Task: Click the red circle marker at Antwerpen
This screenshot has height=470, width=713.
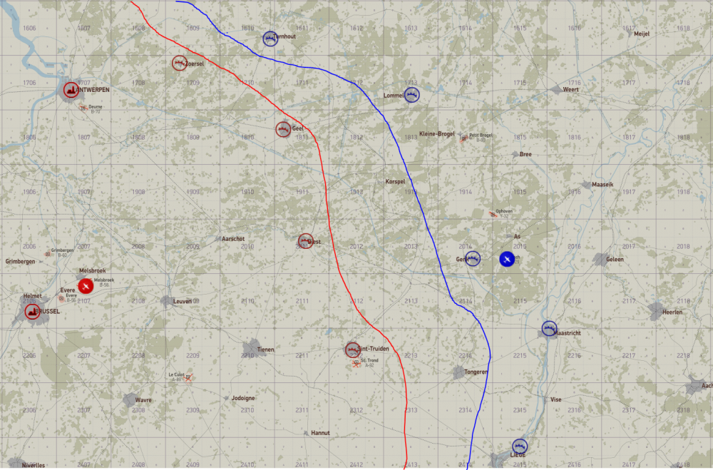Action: click(x=71, y=90)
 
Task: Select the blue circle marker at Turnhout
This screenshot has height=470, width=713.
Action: click(x=270, y=39)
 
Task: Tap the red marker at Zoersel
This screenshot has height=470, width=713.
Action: click(x=179, y=63)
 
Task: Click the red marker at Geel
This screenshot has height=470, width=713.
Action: click(x=283, y=129)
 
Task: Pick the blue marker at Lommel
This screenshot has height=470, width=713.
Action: click(x=411, y=95)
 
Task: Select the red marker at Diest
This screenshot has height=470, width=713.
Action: click(x=305, y=241)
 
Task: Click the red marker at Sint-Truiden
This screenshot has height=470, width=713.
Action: click(x=353, y=349)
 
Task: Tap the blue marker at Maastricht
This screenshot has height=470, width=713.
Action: click(x=548, y=329)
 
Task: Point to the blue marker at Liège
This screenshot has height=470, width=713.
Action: click(x=519, y=446)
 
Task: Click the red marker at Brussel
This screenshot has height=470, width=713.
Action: click(x=33, y=311)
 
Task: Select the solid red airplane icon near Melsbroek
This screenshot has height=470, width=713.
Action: click(x=85, y=286)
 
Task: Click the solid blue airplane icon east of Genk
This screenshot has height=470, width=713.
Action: click(x=506, y=259)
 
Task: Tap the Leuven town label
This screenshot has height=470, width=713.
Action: click(x=183, y=302)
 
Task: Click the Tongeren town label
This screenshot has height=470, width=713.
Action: click(x=476, y=372)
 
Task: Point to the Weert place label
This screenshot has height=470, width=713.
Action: click(x=570, y=89)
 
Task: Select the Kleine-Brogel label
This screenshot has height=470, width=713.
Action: click(x=437, y=133)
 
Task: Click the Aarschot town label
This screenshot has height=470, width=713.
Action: click(x=234, y=238)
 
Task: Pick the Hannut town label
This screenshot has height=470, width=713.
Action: click(x=321, y=433)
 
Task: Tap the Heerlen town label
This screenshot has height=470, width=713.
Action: click(x=672, y=312)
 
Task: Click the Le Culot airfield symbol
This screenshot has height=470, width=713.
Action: click(x=188, y=378)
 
